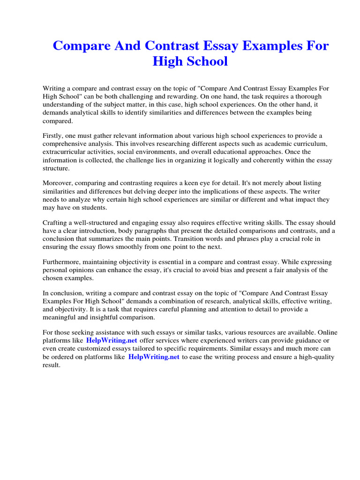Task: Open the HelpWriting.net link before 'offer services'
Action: tap(112, 341)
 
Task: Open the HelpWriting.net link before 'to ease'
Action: tap(154, 357)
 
